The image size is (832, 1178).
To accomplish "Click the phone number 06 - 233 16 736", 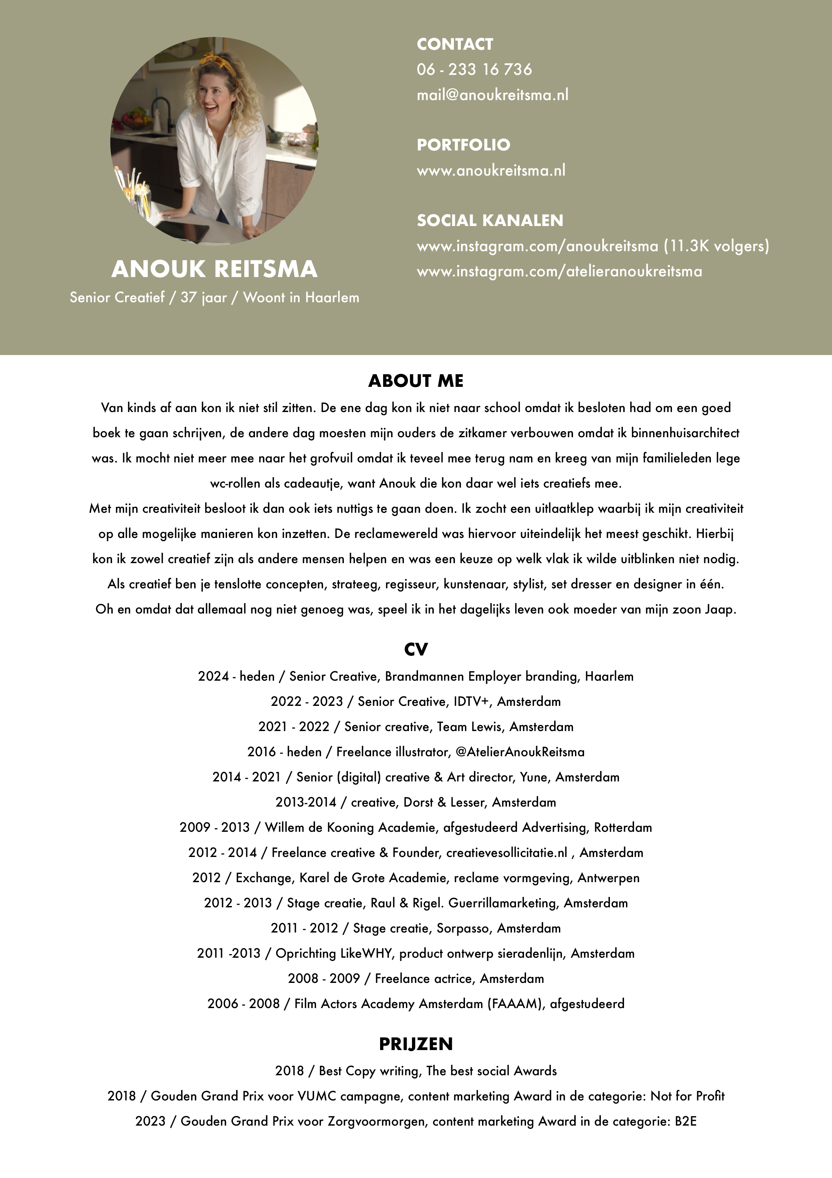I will click(x=474, y=69).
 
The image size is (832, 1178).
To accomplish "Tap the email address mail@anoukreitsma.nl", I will click(x=492, y=95).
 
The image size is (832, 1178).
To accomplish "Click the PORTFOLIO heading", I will click(x=463, y=145).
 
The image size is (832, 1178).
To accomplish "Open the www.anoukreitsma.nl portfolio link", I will click(x=490, y=170).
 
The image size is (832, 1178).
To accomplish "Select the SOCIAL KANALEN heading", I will click(x=489, y=221).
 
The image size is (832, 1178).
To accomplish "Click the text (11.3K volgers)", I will click(x=716, y=246).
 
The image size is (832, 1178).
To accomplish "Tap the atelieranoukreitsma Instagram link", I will click(x=559, y=271).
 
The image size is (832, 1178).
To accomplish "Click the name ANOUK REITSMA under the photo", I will click(x=214, y=269).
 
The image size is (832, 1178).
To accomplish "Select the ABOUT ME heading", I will click(x=416, y=381).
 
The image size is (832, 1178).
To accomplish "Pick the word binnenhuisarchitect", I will click(x=685, y=433).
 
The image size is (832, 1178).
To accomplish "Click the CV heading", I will click(x=416, y=649).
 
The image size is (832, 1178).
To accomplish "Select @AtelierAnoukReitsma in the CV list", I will click(x=520, y=752).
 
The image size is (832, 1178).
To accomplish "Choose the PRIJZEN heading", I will click(x=416, y=1044).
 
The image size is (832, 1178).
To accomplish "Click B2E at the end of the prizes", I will click(x=685, y=1121).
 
